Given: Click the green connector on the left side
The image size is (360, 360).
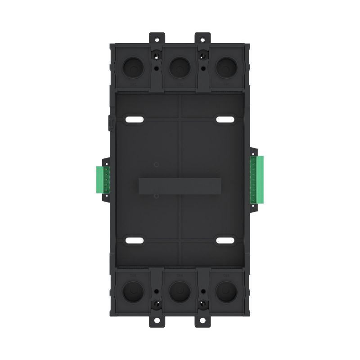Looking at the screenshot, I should click(103, 179).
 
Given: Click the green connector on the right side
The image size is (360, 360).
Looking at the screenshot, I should click(257, 179).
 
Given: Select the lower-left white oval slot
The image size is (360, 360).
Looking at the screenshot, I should click(134, 240).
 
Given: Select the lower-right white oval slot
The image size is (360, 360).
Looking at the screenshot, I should click(225, 240).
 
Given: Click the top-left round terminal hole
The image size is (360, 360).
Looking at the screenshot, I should click(133, 67).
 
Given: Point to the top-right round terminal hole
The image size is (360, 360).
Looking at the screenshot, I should click(226, 67).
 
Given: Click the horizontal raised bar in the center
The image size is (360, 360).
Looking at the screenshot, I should click(180, 186).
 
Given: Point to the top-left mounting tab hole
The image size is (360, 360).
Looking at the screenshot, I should click(157, 38).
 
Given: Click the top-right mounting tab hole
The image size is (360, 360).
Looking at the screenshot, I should click(203, 38).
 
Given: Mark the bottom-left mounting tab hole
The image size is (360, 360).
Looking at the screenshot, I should click(157, 320).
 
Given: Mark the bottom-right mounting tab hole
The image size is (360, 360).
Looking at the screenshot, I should click(203, 320).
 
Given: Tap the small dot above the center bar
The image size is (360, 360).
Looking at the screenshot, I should click(155, 165).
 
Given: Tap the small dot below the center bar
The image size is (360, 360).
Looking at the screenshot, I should click(155, 197).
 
